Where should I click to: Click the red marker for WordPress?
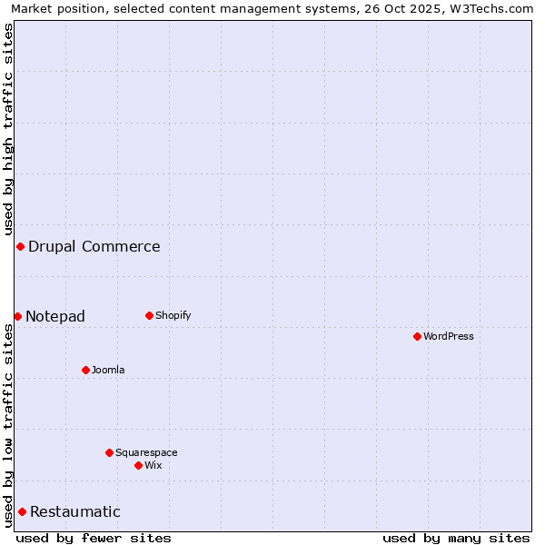click(x=417, y=336)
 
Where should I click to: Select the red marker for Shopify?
click(x=149, y=316)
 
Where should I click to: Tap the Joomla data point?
click(x=85, y=370)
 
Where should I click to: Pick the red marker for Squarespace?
click(x=109, y=452)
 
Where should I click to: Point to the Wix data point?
click(x=138, y=465)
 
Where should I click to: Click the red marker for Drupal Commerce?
click(x=20, y=247)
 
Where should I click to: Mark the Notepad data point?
click(x=17, y=316)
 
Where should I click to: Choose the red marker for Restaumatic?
click(x=22, y=512)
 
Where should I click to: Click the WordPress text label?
click(x=449, y=336)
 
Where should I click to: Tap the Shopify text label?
click(x=173, y=316)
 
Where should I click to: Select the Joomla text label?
click(x=108, y=370)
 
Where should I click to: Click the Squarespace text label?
click(x=146, y=452)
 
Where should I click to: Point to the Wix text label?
click(x=154, y=465)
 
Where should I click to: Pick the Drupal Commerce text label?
click(x=94, y=247)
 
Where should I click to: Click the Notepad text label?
click(x=55, y=316)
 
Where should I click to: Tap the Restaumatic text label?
click(x=75, y=512)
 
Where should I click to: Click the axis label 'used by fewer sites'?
click(x=94, y=538)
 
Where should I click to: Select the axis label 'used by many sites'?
click(x=456, y=538)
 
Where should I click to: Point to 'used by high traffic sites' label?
click(x=8, y=130)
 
